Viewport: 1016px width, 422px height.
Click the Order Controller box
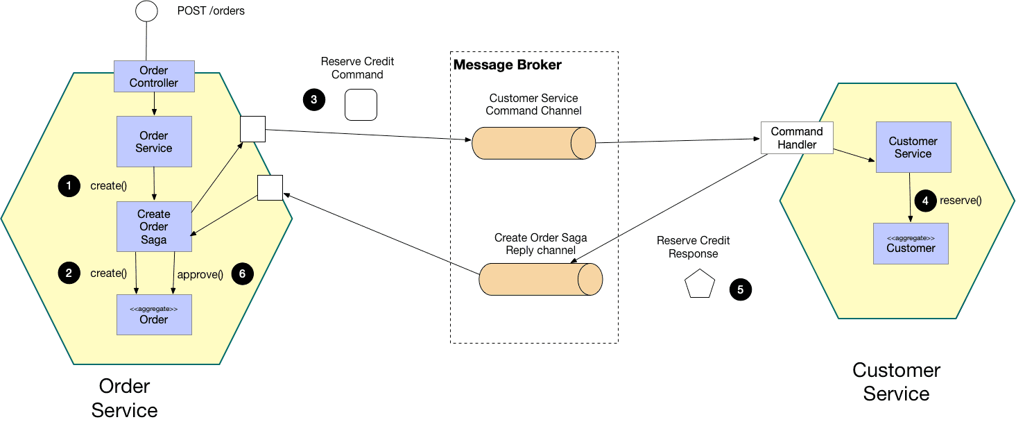click(154, 76)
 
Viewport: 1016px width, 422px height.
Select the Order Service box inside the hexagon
click(154, 142)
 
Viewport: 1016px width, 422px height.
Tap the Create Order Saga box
click(154, 226)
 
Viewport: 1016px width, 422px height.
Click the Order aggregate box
click(154, 315)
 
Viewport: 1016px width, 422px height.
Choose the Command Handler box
click(797, 138)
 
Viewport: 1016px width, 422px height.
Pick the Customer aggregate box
click(911, 244)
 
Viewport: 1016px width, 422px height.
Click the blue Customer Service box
click(913, 147)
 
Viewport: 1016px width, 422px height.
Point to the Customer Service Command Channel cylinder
click(533, 144)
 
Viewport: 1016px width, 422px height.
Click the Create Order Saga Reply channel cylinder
click(541, 280)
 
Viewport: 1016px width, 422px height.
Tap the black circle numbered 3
click(314, 100)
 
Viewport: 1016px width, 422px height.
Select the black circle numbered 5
click(740, 289)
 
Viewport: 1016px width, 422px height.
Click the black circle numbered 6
click(242, 273)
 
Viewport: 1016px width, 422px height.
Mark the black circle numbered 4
click(925, 201)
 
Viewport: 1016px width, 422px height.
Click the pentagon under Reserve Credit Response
click(699, 284)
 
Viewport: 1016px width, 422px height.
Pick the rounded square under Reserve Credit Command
click(361, 105)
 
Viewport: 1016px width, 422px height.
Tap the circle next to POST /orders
click(146, 11)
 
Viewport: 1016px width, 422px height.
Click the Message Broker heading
click(507, 65)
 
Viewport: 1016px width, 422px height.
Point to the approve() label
click(200, 275)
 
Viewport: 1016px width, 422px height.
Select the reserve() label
click(961, 201)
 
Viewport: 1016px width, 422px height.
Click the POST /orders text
click(211, 11)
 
